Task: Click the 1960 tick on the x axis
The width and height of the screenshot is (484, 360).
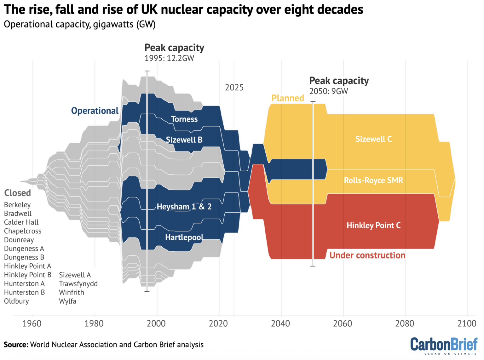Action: click(32, 323)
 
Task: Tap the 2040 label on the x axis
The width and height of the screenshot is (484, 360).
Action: click(280, 323)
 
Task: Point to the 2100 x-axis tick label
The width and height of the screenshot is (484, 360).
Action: click(467, 323)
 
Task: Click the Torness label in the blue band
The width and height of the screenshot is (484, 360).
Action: click(184, 119)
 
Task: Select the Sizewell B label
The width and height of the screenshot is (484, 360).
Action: click(184, 140)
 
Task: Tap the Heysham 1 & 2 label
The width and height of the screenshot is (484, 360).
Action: click(184, 207)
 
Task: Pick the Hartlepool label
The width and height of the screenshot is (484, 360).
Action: click(184, 237)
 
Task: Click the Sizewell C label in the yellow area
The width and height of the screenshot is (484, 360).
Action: click(373, 139)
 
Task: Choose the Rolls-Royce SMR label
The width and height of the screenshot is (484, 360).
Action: click(373, 180)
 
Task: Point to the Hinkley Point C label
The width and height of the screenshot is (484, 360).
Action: click(373, 226)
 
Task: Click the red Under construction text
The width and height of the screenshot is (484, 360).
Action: click(367, 255)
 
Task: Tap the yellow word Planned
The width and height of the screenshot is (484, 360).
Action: click(288, 98)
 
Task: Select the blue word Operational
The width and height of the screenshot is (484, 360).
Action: click(95, 111)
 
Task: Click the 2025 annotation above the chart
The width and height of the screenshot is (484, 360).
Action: click(234, 88)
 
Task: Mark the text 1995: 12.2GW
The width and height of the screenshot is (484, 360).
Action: click(169, 58)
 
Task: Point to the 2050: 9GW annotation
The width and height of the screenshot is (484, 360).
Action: click(328, 91)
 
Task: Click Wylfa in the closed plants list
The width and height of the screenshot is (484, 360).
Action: click(67, 301)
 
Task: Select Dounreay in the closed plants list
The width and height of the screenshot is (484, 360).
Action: click(19, 240)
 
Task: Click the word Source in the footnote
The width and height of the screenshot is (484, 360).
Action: click(16, 345)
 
